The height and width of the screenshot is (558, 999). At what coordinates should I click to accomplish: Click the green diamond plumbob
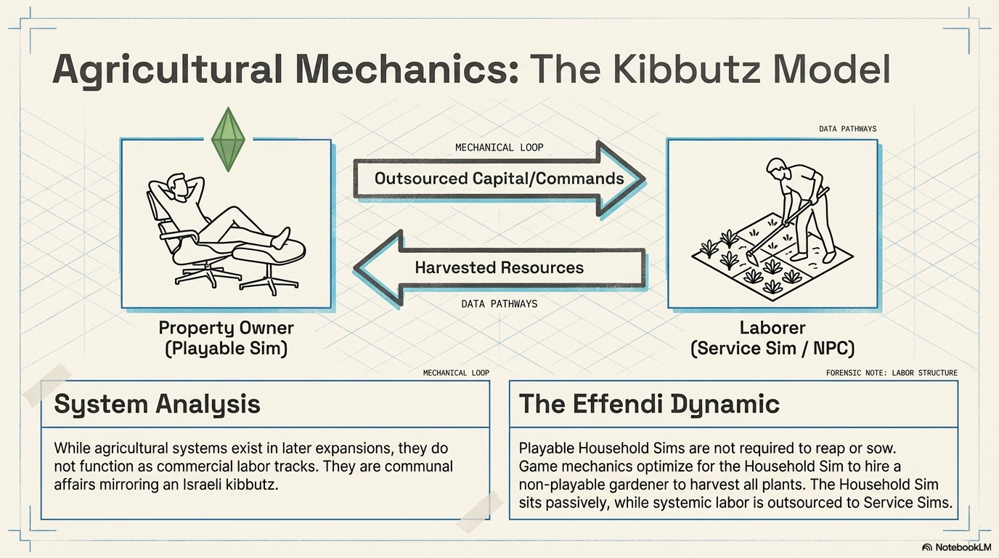point(228,140)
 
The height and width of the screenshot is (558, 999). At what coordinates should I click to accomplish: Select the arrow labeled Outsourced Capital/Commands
point(499,179)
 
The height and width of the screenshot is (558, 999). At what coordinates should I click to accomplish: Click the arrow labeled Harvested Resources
point(499,267)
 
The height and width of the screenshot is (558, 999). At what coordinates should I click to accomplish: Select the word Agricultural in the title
point(168,69)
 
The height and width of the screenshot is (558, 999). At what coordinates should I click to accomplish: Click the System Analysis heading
point(157,404)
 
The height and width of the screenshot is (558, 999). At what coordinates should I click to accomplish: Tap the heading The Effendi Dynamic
point(649,404)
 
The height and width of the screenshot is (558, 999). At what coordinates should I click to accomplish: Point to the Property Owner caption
point(226,328)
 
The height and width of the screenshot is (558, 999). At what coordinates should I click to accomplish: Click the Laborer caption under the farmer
point(772,328)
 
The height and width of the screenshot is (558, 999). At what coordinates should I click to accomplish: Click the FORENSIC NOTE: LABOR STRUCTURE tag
point(892,373)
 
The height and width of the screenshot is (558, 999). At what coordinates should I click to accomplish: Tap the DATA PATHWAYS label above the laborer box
point(847,129)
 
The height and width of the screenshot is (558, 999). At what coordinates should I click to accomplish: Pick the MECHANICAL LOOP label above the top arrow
point(499,147)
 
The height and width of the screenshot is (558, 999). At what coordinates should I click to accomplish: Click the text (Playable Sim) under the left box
point(226,349)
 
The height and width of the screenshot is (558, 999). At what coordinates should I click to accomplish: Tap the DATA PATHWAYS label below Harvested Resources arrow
point(499,304)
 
